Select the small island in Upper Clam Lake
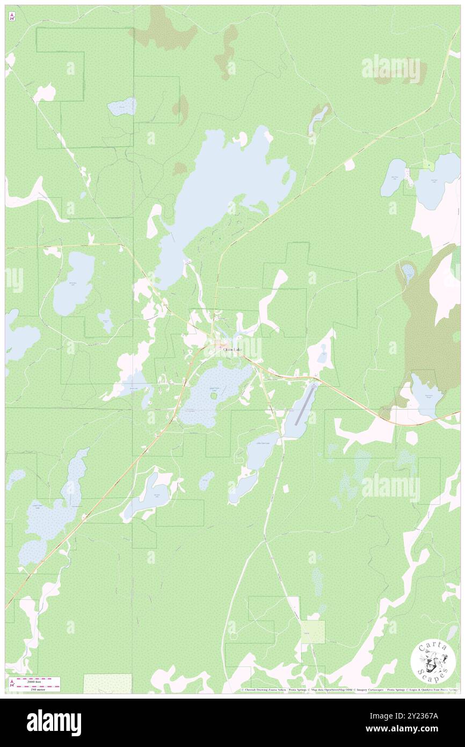pos(214,397)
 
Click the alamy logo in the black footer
pos(54,723)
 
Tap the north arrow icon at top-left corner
pos(12,17)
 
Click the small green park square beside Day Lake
pos(428,164)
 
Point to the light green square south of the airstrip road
pos(313,632)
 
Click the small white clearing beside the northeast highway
pos(350,165)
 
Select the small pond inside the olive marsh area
pos(408,272)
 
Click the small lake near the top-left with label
pos(122,106)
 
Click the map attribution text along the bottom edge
pos(349,690)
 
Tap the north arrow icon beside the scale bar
pos(12,684)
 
